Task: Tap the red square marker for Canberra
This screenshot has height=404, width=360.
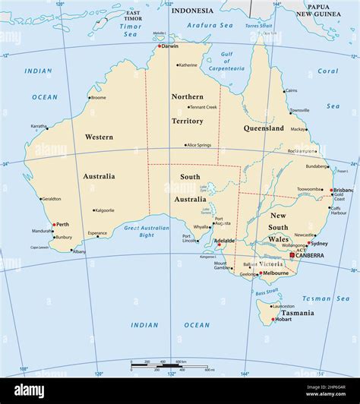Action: tap(292, 255)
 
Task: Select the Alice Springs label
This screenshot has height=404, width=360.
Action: tap(199, 145)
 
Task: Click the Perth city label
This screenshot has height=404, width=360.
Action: tap(63, 224)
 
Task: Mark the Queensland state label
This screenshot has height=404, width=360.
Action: tap(264, 128)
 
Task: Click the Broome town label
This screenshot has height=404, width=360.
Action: tap(98, 97)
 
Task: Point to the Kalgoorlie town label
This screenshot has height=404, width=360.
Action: tap(104, 210)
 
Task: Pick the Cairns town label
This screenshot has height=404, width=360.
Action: tap(292, 90)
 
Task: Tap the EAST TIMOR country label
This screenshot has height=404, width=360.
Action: tap(133, 17)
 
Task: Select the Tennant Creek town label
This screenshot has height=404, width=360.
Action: tap(203, 107)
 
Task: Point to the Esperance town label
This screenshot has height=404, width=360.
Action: tap(97, 233)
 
